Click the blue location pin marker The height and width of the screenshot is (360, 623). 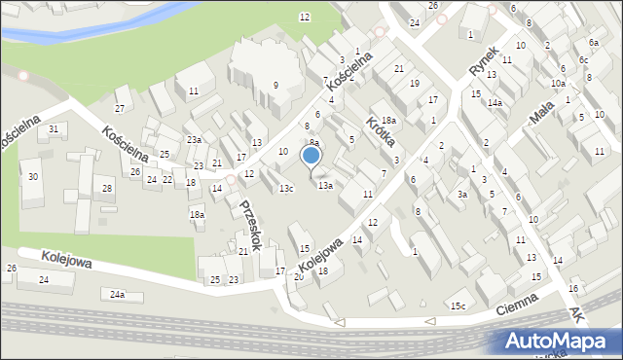coord(311,156)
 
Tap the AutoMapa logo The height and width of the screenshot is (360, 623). coord(559,341)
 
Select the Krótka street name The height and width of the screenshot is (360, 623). coord(378,132)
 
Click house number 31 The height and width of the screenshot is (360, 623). coord(54,129)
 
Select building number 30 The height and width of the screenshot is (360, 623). coord(33,176)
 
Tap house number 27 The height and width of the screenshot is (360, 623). coord(120,108)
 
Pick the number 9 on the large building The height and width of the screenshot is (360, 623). coord(275,86)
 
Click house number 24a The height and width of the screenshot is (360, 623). coord(118,294)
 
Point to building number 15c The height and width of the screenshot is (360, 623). coord(458,306)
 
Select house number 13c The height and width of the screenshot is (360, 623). coord(286,188)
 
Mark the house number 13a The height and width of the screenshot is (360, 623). coord(325,185)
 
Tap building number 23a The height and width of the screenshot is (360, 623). coord(195,140)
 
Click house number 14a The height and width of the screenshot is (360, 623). coord(495,103)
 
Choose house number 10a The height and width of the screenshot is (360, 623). coord(557,84)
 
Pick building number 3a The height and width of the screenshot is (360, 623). coord(463,195)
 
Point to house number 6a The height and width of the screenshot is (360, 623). coord(593,43)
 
